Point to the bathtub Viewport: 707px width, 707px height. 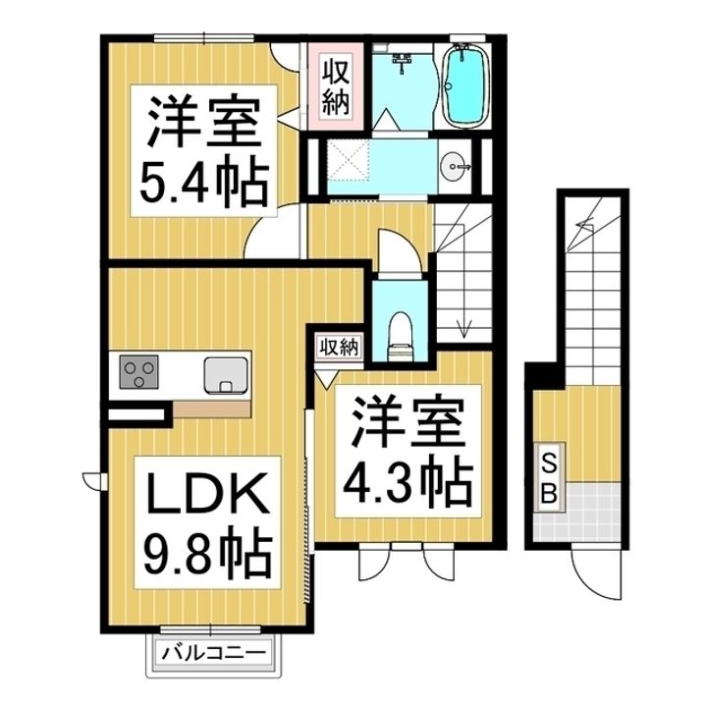tap(465, 87)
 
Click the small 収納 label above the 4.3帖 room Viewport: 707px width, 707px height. tap(338, 347)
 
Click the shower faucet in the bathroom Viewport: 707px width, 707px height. tap(403, 64)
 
